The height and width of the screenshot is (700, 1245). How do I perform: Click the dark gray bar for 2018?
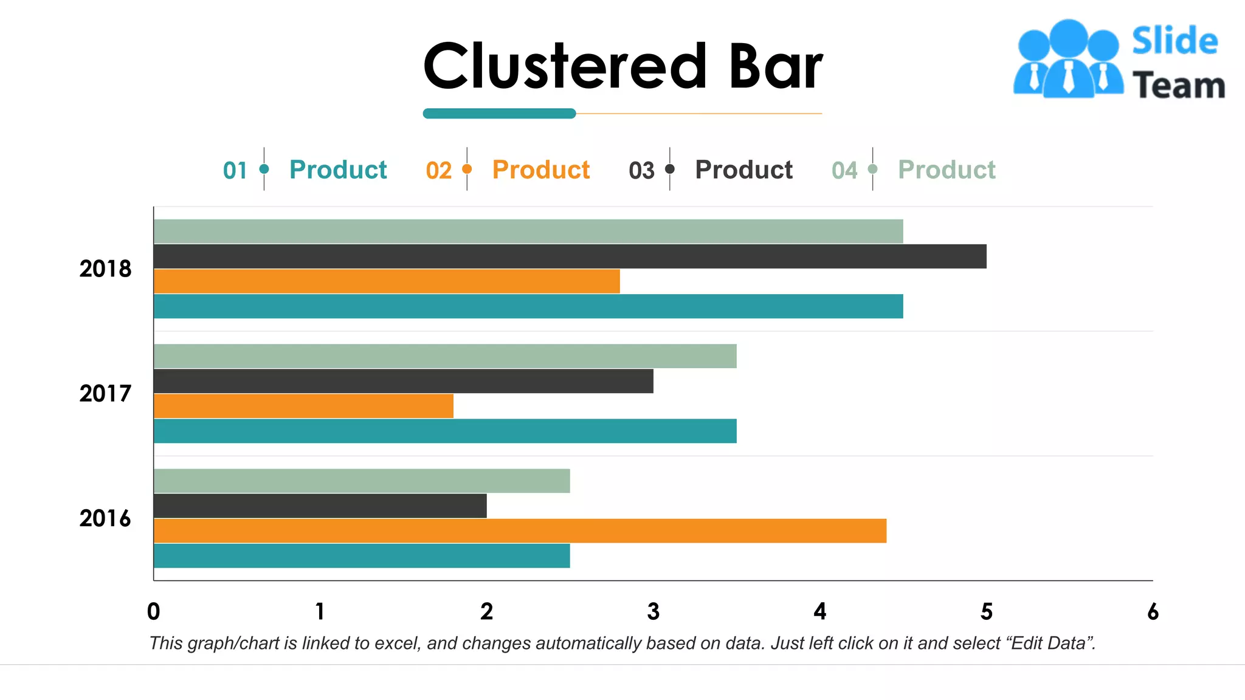pos(570,256)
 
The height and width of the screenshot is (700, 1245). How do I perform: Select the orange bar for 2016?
pos(520,530)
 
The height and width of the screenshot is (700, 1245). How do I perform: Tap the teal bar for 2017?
pos(445,431)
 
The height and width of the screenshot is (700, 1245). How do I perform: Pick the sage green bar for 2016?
pos(362,481)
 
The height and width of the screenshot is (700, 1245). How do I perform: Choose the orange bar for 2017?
pos(303,406)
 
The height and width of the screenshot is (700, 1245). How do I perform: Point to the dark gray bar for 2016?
pos(320,506)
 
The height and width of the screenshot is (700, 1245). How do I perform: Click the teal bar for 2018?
pos(528,306)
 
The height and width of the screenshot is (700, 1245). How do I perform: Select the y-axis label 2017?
pos(105,394)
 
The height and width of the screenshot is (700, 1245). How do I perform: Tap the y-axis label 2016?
pos(105,518)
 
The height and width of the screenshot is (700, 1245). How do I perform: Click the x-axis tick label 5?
pos(986,611)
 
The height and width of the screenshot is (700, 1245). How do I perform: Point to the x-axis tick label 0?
pos(154,611)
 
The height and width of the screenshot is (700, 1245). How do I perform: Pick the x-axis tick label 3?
pos(654,611)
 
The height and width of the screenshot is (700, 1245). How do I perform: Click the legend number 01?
pos(235,171)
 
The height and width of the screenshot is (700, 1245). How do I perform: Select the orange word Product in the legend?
pos(540,170)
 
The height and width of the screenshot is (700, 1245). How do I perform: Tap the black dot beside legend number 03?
pos(670,169)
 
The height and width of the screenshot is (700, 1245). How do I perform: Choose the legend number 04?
pos(844,171)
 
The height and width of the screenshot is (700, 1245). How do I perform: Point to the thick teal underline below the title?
pos(499,114)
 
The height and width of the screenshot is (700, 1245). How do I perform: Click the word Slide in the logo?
pos(1174,41)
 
